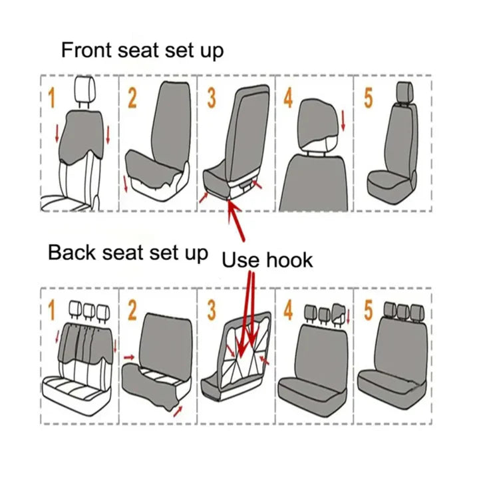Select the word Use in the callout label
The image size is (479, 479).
pyautogui.click(x=240, y=259)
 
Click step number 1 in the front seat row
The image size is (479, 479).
pyautogui.click(x=51, y=98)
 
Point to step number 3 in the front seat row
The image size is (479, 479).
pyautogui.click(x=211, y=98)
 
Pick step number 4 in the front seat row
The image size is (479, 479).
pyautogui.click(x=288, y=98)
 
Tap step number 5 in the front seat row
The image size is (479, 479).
pyautogui.click(x=368, y=98)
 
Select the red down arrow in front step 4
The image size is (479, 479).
pyautogui.click(x=343, y=121)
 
